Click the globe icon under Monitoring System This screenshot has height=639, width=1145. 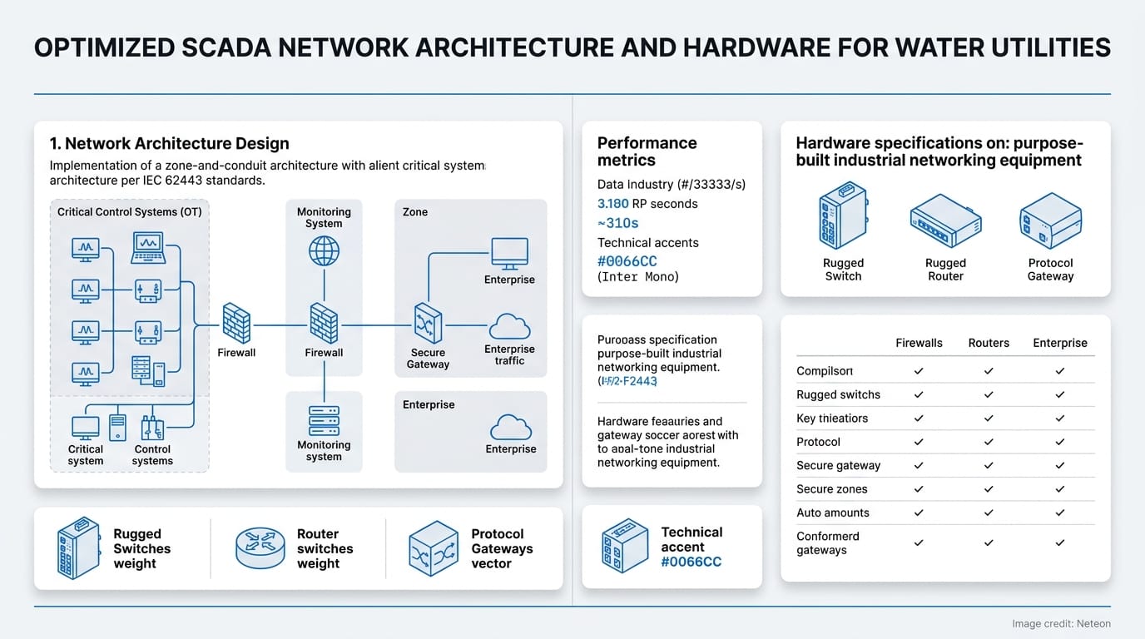[324, 250]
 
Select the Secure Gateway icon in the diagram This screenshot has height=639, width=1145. [428, 324]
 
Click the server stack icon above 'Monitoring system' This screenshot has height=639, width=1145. [324, 420]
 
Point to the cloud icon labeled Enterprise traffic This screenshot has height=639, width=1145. [509, 325]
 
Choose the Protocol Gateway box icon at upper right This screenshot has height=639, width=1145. [1049, 220]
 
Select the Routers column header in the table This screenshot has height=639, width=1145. [989, 343]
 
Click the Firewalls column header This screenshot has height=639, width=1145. [919, 343]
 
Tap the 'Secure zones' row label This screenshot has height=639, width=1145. [831, 489]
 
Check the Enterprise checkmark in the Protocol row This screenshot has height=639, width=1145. [1060, 442]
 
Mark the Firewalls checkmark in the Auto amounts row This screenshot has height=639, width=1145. [919, 513]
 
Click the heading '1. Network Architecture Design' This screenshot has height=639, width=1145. [169, 144]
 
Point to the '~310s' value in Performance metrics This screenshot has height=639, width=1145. [618, 223]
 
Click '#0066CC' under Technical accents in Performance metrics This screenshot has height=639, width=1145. [627, 261]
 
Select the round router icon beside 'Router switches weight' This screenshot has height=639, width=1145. [260, 548]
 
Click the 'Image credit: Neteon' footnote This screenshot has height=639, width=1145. [1061, 623]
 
